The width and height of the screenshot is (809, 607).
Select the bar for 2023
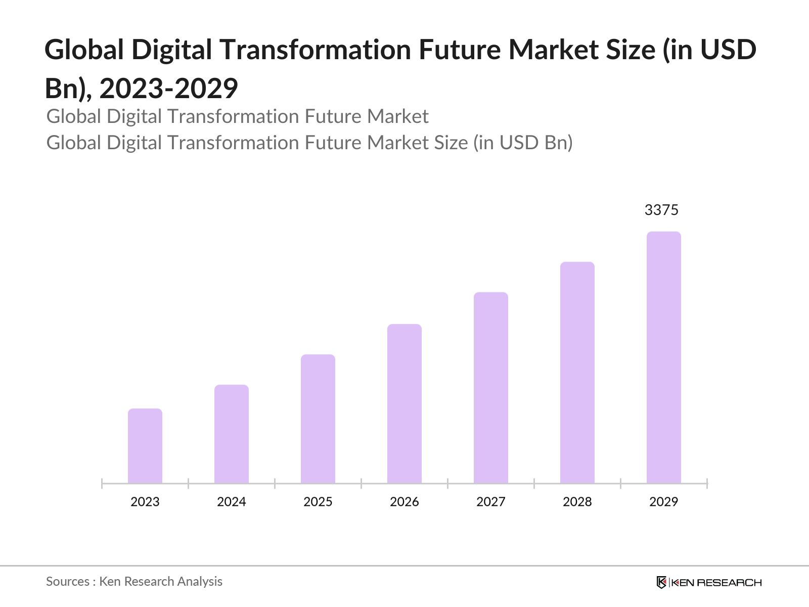click(145, 446)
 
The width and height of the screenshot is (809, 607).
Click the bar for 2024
click(232, 434)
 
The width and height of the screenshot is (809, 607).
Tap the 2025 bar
click(318, 419)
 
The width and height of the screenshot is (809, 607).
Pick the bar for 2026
click(404, 404)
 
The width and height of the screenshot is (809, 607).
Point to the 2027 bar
click(491, 388)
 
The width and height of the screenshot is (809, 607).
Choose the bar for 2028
click(577, 373)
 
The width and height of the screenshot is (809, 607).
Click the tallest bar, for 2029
click(664, 358)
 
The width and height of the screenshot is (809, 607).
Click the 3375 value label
click(661, 210)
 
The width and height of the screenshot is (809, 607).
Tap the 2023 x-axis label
click(145, 502)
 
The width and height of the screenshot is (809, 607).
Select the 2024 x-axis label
click(232, 502)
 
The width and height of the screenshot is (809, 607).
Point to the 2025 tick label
click(318, 502)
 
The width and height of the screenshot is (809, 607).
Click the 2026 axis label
click(404, 502)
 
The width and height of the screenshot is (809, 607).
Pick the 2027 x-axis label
click(491, 502)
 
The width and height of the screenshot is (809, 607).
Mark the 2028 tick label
click(577, 502)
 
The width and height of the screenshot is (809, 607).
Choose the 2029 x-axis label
click(664, 502)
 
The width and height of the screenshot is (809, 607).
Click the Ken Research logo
click(709, 582)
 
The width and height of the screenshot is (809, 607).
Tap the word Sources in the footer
click(68, 582)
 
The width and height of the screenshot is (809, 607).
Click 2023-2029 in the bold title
click(168, 89)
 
